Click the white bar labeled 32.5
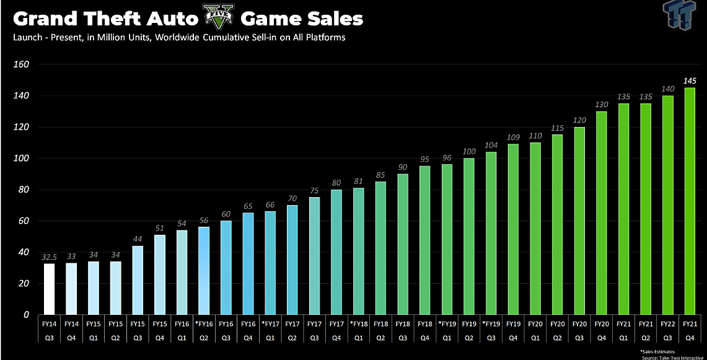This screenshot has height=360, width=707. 49,289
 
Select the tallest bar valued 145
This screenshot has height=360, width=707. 689,201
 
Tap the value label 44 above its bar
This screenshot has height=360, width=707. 137,239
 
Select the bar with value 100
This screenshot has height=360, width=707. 470,237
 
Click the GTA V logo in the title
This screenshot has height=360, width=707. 218,17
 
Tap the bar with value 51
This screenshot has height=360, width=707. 160,275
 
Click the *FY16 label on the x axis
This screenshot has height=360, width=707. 203,324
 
